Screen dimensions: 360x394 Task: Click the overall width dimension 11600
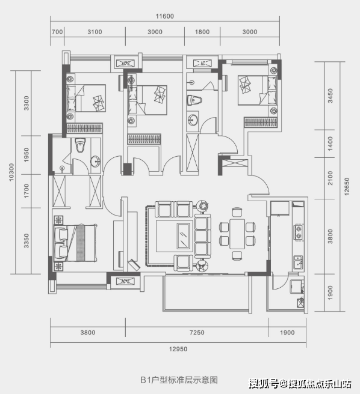coord(165,16)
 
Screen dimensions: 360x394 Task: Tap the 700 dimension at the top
coord(57,32)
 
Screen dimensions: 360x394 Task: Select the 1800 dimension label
coord(202,32)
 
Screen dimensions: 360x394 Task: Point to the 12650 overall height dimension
coord(347,186)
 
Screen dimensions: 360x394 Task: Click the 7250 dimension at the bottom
coord(197,333)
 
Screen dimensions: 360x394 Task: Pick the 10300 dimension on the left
coord(11,172)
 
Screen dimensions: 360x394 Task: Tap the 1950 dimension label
coord(26,155)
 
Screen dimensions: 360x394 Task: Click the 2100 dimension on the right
coord(330,178)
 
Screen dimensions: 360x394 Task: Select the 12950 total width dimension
coord(178,349)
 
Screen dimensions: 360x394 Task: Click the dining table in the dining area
coord(237,234)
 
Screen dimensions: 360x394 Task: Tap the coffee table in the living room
coord(183,236)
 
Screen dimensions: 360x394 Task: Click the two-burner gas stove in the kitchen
coord(299,232)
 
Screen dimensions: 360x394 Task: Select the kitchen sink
coord(299,262)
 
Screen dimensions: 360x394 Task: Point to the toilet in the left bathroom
coord(80,145)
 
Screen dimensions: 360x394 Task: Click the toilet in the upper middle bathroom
coord(194,100)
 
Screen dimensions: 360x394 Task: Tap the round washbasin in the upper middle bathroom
coord(193,120)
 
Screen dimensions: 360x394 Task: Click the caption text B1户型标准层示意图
coord(179,380)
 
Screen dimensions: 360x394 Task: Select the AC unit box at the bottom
coord(125,282)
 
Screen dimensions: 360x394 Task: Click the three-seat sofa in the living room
coord(202,236)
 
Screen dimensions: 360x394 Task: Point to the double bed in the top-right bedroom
coord(258,90)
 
